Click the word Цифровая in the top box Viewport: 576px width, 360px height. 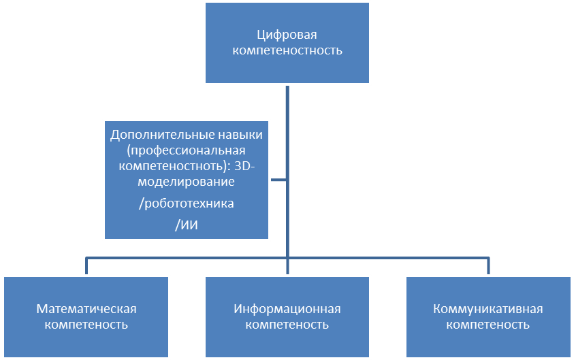pyautogui.click(x=287, y=35)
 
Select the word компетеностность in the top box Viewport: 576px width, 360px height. pyautogui.click(x=287, y=50)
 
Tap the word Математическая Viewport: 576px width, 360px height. pyautogui.click(x=86, y=309)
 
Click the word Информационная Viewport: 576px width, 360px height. pyautogui.click(x=287, y=309)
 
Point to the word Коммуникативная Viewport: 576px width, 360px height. pyautogui.click(x=488, y=309)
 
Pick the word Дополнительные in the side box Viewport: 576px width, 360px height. pyautogui.click(x=150, y=134)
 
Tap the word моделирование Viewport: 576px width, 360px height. pyautogui.click(x=186, y=182)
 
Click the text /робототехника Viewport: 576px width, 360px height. pyautogui.click(x=186, y=203)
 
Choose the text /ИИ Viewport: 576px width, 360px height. pyautogui.click(x=186, y=225)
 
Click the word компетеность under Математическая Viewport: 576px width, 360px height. pyautogui.click(x=86, y=325)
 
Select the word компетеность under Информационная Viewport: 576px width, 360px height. pyautogui.click(x=287, y=325)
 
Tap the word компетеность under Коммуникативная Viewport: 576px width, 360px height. pyautogui.click(x=488, y=325)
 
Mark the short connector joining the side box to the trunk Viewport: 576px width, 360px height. pyautogui.click(x=277, y=180)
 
